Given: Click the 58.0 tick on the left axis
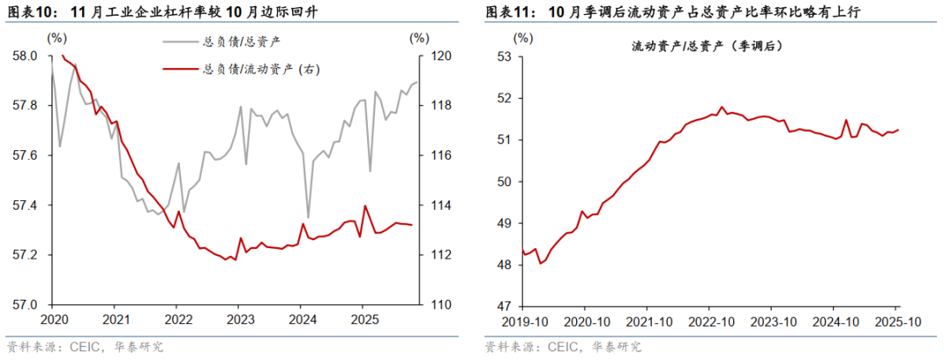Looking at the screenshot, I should coord(25,56).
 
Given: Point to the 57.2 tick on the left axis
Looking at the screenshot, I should coord(25,255).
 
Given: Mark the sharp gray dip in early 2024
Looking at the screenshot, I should coord(308,217).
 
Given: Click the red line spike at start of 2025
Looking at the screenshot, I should coord(364,206).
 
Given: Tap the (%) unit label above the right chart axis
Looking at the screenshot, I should coord(523,38).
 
